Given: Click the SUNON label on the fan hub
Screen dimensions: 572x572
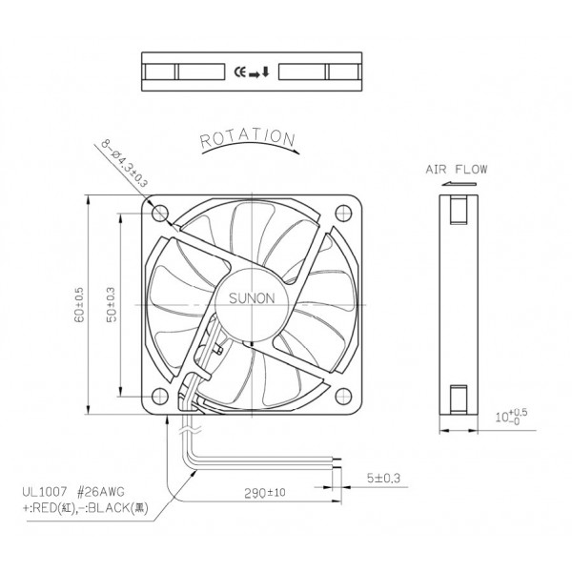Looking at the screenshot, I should (x=253, y=297).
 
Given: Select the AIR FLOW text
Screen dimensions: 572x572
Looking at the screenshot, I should (x=456, y=170).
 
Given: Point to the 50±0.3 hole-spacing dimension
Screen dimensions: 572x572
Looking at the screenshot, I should (x=112, y=300).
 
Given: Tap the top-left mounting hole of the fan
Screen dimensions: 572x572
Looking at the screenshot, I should (x=159, y=211).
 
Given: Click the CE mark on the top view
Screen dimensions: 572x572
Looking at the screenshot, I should (x=240, y=71).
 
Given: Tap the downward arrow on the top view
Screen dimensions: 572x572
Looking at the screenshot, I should (x=265, y=71).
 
